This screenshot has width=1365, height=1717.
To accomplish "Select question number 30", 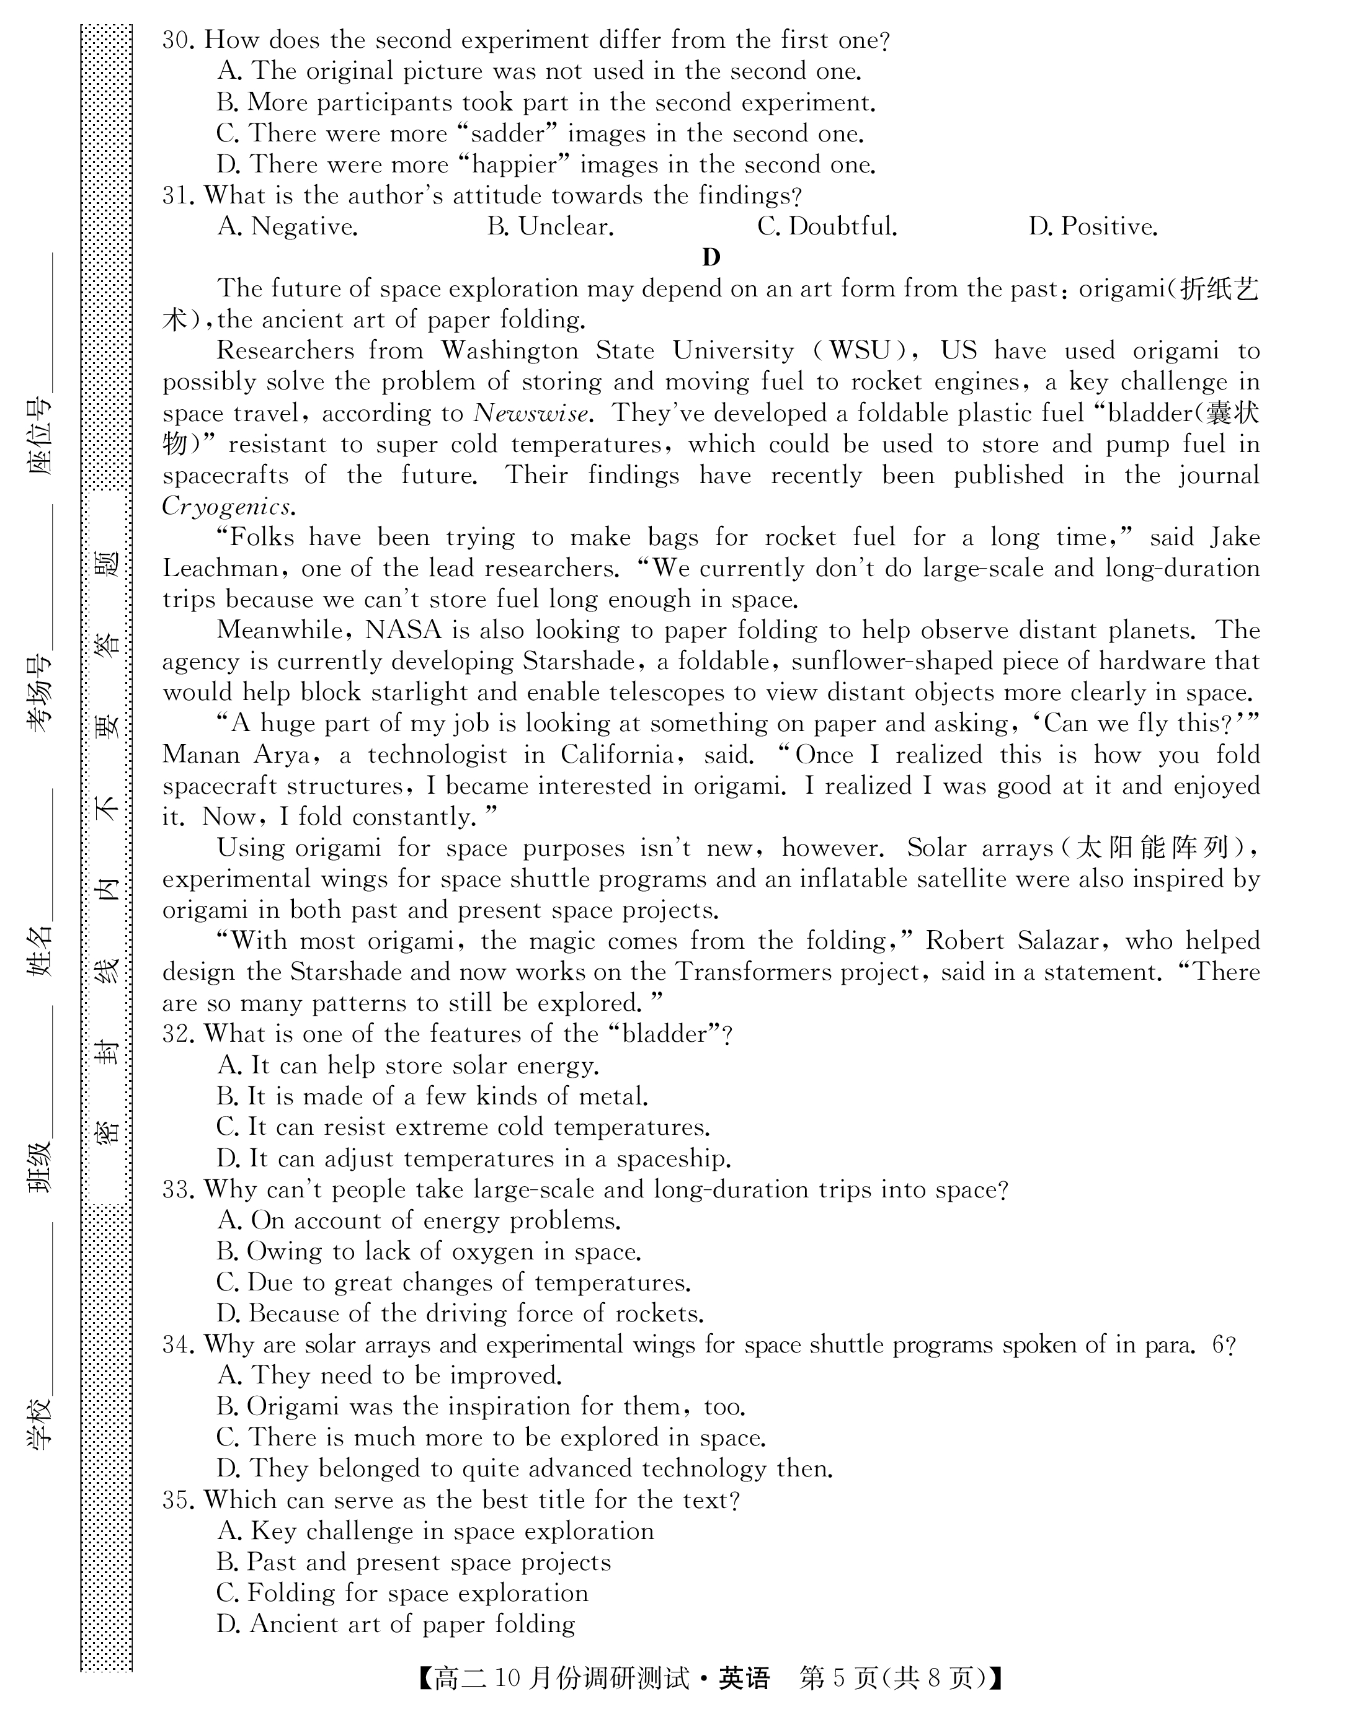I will tap(179, 40).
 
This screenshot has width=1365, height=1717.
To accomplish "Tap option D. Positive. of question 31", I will tap(1092, 227).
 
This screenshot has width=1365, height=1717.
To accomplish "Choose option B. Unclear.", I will tap(550, 227).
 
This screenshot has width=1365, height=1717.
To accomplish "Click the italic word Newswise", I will tap(532, 414).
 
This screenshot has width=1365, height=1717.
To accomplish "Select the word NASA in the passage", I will tap(403, 631).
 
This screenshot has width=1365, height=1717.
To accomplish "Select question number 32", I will tap(179, 1034).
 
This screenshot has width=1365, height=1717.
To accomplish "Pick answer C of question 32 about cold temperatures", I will tap(463, 1128).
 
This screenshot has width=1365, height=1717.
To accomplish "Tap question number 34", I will tap(179, 1345).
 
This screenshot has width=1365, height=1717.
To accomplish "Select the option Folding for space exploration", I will tap(402, 1594).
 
